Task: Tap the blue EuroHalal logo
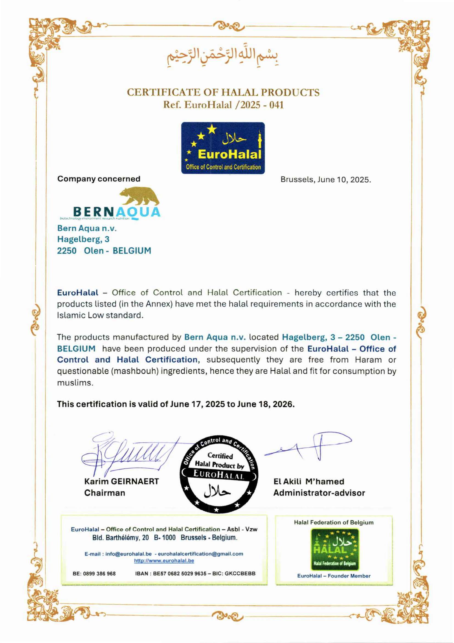[223, 147]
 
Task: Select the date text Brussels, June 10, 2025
[326, 179]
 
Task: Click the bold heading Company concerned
[99, 179]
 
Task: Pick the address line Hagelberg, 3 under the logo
[83, 239]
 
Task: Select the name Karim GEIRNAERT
[122, 481]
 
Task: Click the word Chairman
[105, 492]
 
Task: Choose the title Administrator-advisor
[319, 493]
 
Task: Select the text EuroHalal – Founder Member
[334, 576]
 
